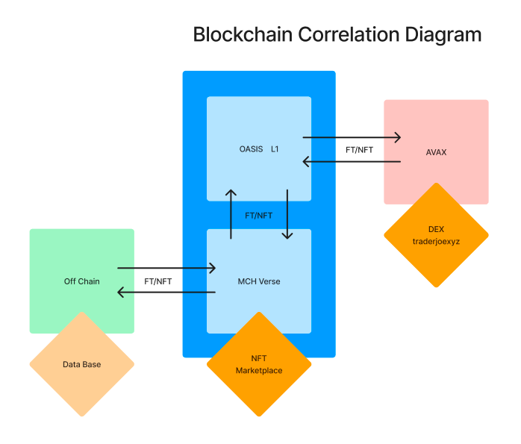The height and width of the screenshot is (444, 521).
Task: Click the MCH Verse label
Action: (259, 281)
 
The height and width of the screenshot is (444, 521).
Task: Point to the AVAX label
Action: (436, 151)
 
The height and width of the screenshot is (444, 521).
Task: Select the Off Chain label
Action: (82, 281)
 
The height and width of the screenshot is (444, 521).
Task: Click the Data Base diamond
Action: (82, 364)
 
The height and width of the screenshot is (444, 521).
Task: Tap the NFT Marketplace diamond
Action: (259, 364)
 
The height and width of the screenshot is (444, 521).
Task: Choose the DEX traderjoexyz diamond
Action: (436, 235)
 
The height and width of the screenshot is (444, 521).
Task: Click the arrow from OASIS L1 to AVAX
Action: (351, 137)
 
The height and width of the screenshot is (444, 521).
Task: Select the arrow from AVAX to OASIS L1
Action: (351, 161)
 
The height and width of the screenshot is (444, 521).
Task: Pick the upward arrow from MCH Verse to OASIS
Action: (231, 213)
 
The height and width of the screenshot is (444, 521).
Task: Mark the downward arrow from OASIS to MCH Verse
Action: (287, 213)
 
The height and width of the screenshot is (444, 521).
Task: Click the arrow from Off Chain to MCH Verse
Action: (166, 268)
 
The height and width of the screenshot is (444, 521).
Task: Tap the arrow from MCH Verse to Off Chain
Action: (166, 293)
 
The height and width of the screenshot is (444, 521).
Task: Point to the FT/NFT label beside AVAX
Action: (359, 149)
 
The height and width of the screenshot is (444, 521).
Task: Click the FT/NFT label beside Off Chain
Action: (158, 281)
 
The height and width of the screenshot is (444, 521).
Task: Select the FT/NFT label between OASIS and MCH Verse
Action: (259, 215)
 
